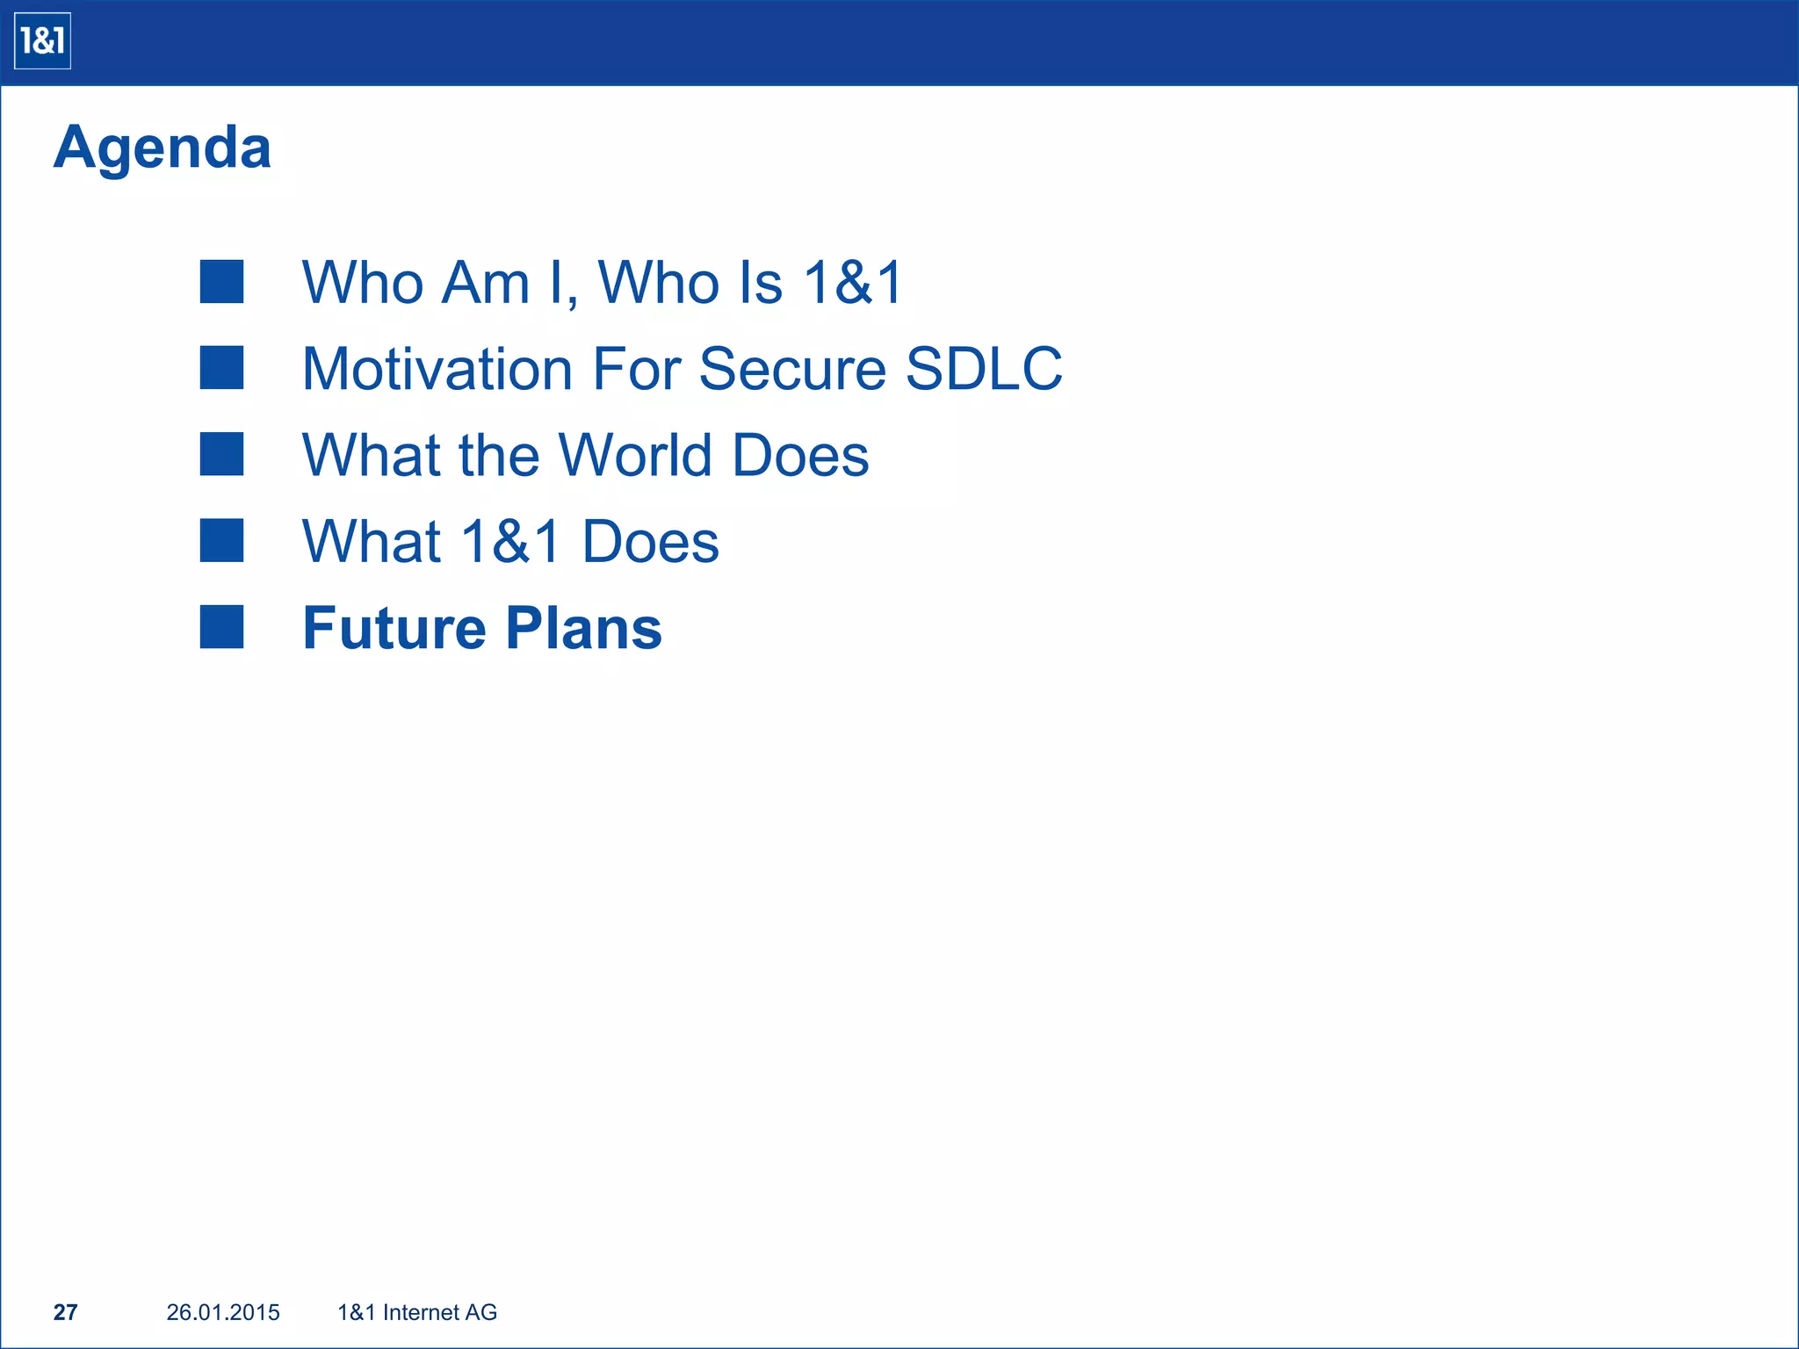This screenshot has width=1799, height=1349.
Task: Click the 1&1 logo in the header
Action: [x=42, y=41]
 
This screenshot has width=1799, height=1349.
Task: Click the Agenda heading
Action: [x=163, y=148]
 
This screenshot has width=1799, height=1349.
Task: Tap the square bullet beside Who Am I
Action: [x=221, y=282]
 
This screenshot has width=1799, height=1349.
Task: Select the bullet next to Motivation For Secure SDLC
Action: [x=221, y=368]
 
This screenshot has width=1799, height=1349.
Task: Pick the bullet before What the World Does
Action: [x=221, y=454]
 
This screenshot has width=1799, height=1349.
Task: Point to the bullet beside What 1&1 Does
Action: [x=221, y=540]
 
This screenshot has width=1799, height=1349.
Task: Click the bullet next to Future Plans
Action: [x=221, y=627]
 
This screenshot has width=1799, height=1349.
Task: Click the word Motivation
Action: [x=437, y=369]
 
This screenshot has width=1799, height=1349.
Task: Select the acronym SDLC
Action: [x=984, y=369]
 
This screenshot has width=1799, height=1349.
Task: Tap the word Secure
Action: [x=792, y=369]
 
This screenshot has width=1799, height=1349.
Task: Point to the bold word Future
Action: [x=394, y=629]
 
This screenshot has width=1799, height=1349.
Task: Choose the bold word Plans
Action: [x=584, y=629]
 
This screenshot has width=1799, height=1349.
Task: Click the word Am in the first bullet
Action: [x=486, y=283]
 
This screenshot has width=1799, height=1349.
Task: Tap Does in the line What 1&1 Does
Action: [x=651, y=541]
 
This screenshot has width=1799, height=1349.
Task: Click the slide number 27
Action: [x=66, y=1312]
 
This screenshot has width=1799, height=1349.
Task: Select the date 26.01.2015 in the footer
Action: [x=223, y=1312]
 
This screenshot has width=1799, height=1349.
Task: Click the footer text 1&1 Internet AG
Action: [x=417, y=1312]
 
